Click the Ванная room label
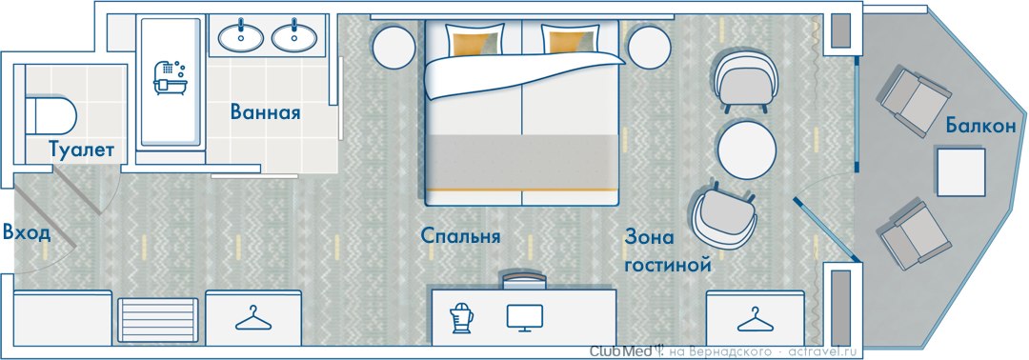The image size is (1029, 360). (265, 112)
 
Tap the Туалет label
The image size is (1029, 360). (81, 150)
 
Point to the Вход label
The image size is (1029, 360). (27, 232)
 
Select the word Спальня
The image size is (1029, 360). (461, 235)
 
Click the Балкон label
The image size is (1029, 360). (981, 126)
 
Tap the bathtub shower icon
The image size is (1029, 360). (171, 78)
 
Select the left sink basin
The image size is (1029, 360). (241, 37)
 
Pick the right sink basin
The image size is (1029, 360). (294, 37)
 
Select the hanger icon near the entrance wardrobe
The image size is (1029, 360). (253, 318)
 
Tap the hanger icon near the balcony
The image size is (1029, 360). (755, 319)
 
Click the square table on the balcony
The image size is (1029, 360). (961, 172)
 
